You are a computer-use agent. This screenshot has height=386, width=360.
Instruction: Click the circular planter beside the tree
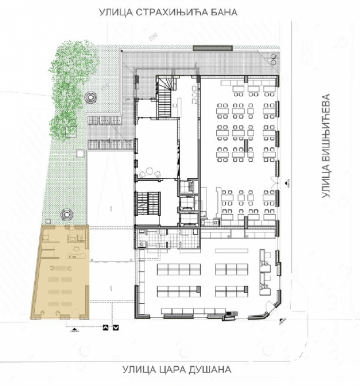(x=91, y=97)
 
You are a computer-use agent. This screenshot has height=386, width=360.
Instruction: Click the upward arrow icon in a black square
(x=105, y=328)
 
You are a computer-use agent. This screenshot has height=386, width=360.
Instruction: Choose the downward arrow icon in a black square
(x=116, y=328)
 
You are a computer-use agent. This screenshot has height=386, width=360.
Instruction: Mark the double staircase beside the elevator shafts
(x=149, y=203)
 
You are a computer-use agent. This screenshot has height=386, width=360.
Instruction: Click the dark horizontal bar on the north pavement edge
(x=212, y=48)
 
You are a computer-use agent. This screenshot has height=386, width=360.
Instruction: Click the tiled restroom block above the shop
(x=166, y=237)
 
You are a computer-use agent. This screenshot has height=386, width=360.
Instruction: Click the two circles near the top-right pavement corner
(x=273, y=59)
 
